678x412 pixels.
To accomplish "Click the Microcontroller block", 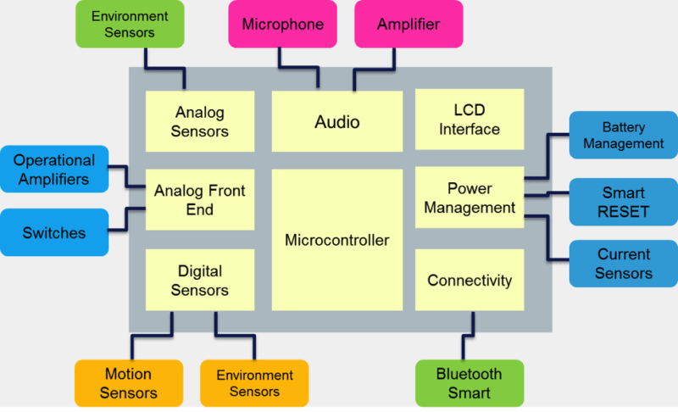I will coord(336,240).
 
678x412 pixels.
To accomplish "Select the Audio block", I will coord(336,122).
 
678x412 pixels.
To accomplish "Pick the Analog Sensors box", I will coord(200,121).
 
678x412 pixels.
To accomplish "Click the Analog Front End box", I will coord(200,199).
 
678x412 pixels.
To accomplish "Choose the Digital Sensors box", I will coord(200,280).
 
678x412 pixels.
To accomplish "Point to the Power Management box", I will coord(470,198).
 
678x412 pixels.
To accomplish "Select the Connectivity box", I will coord(470,280).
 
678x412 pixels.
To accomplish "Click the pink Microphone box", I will coord(282,24).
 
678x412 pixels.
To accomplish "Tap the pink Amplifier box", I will coord(408,24).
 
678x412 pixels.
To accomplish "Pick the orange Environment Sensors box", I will coord(254,383).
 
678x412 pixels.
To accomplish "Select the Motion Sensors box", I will coord(128,383).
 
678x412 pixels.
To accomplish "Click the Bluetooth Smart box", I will coord(469,383).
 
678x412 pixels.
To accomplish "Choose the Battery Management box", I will coord(623,136).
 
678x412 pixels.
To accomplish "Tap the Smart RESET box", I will coord(623,202).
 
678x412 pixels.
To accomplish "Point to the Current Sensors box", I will coord(623,263).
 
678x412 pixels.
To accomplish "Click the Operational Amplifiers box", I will coord(54,169).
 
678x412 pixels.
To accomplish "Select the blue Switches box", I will coord(54,232).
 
